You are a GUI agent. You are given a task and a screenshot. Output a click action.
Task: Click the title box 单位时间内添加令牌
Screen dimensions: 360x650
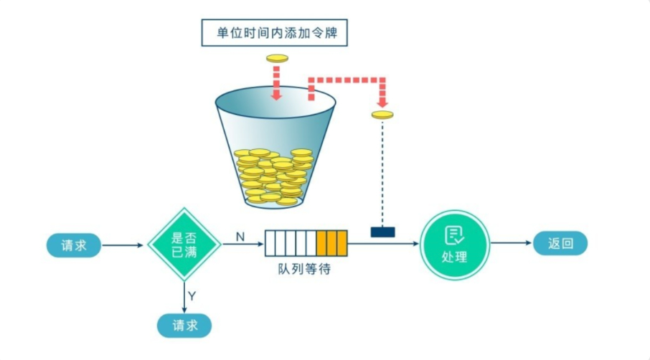click(x=277, y=32)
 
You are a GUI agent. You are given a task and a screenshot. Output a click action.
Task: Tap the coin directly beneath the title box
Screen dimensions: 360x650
click(x=277, y=58)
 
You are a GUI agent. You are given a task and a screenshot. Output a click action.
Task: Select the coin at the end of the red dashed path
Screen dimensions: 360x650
click(x=382, y=115)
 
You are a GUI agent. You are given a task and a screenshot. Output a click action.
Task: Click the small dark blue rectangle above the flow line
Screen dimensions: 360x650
click(x=382, y=232)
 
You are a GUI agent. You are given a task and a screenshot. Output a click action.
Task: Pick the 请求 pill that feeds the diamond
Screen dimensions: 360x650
click(x=74, y=245)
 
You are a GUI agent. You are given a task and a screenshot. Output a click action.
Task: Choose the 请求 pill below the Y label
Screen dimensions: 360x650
click(x=184, y=326)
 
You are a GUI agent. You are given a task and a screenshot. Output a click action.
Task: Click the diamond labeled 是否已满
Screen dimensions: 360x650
click(x=184, y=245)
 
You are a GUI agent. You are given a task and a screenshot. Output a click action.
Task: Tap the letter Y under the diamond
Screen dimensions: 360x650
click(x=192, y=295)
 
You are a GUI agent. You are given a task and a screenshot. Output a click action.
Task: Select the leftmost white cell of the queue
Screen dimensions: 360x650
click(x=270, y=243)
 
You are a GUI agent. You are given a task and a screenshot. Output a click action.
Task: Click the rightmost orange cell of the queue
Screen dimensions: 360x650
click(x=342, y=243)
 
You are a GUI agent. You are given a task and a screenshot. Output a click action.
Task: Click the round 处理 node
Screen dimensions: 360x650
click(x=454, y=245)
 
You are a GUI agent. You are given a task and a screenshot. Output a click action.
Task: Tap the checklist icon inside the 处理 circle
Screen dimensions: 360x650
click(x=454, y=235)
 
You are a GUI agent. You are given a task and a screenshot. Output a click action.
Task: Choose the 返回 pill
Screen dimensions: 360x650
click(x=560, y=244)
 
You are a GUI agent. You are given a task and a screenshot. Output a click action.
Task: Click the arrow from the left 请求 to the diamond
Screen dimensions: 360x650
click(x=123, y=245)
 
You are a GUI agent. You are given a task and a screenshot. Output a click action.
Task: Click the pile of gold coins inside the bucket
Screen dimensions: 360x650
click(x=273, y=176)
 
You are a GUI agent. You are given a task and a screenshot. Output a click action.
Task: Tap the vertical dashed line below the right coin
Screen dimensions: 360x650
click(x=382, y=172)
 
